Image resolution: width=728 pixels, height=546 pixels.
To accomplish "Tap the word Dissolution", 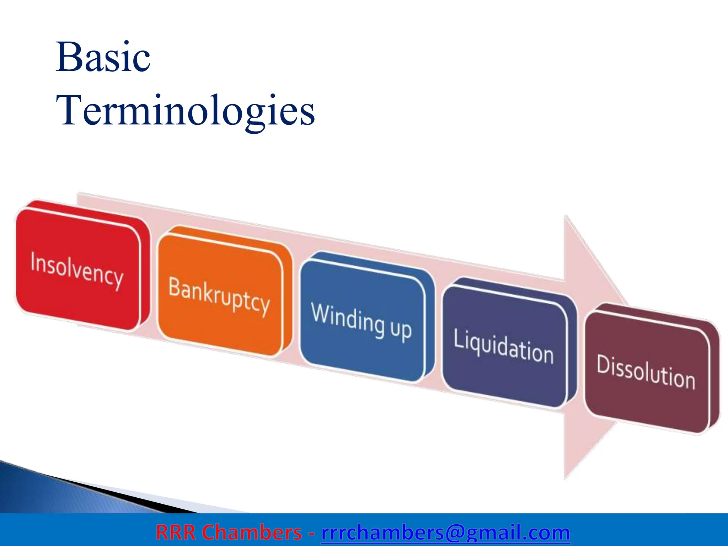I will coord(646,372).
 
